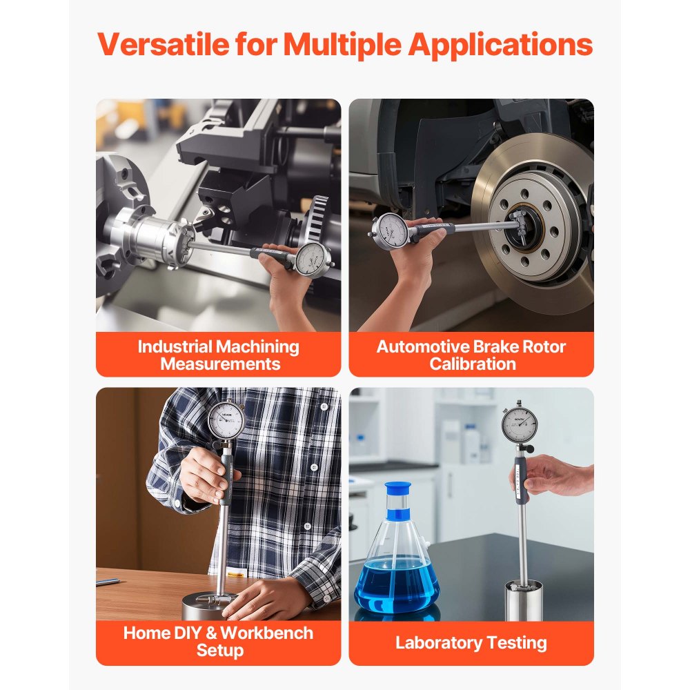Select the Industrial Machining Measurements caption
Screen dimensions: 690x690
click(x=219, y=355)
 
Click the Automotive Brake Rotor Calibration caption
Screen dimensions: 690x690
click(x=471, y=355)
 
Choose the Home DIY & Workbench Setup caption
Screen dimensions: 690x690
click(x=219, y=642)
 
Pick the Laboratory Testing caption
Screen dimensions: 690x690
click(x=471, y=643)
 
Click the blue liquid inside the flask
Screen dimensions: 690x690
click(x=397, y=586)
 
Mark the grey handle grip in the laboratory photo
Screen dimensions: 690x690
click(x=522, y=473)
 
